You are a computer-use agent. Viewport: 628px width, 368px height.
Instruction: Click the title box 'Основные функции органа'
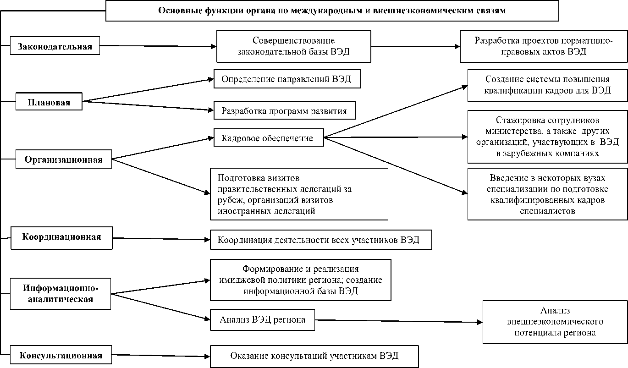[332, 11]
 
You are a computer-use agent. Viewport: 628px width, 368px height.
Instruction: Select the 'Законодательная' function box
[55, 46]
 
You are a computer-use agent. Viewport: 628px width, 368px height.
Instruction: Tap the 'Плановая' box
[49, 102]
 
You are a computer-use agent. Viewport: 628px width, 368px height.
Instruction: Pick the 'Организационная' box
[63, 159]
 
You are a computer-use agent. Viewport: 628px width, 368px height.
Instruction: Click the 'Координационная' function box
[61, 237]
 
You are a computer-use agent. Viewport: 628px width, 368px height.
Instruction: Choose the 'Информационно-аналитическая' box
[61, 294]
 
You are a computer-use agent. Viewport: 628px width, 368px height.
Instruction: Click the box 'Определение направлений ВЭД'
[286, 79]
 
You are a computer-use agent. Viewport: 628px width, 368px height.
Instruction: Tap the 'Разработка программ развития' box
[284, 111]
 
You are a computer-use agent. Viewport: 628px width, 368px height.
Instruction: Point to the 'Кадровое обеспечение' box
[268, 138]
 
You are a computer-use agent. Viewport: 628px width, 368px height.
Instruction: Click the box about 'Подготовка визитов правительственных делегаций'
[299, 194]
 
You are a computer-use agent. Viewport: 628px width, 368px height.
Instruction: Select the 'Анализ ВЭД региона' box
[263, 319]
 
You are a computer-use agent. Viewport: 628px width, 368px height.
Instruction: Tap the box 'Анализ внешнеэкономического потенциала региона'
[555, 322]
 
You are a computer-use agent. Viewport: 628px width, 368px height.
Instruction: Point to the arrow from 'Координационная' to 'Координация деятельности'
[160, 238]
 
